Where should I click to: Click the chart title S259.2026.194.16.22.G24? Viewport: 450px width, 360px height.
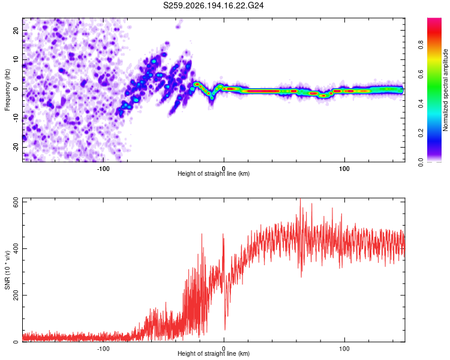[213, 5]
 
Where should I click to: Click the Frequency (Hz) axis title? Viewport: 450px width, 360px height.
[7, 90]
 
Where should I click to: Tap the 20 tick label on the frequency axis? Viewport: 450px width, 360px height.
[16, 31]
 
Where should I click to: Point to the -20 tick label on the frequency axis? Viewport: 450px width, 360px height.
[16, 147]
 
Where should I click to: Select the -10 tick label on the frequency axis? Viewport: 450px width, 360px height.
[16, 118]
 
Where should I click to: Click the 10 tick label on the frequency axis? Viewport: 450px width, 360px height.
[16, 60]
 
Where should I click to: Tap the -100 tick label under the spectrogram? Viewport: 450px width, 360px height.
[103, 169]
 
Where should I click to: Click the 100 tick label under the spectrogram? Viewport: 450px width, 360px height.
[344, 169]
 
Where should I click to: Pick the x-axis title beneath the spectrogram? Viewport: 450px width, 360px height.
[214, 173]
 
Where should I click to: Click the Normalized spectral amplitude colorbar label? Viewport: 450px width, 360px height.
[445, 90]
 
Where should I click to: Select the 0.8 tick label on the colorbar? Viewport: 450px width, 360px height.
[421, 45]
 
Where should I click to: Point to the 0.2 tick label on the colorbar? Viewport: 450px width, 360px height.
[421, 133]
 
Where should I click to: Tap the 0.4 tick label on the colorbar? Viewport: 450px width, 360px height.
[421, 104]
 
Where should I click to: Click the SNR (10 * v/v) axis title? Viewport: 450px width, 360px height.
[7, 270]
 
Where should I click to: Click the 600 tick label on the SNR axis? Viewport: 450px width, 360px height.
[16, 203]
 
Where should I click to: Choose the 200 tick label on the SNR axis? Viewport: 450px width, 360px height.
[16, 295]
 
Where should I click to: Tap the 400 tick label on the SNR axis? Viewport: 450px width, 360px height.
[16, 248]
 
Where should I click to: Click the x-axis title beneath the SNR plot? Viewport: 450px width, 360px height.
[214, 353]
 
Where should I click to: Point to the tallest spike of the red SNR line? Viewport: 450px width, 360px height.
[301, 199]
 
